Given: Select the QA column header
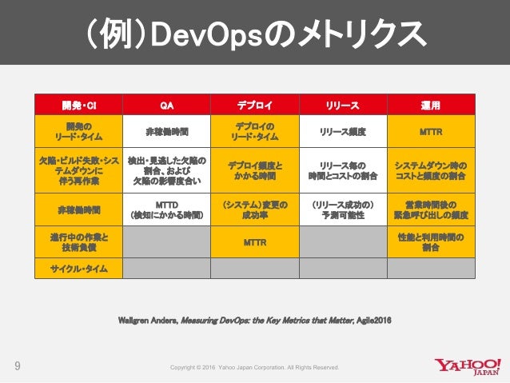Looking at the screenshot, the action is [166, 105].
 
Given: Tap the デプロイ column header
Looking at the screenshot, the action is [255, 105].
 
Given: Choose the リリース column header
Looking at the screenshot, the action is [343, 105].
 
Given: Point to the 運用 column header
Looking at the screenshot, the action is [431, 105].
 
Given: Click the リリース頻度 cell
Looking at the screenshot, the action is [343, 130].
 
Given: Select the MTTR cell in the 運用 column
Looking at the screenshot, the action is [431, 130].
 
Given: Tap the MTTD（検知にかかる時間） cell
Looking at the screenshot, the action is [166, 210].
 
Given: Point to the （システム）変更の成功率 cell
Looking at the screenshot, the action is [255, 210].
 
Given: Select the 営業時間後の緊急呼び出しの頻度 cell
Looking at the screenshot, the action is [431, 210].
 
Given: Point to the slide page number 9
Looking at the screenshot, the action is [17, 367].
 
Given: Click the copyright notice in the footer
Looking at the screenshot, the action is [255, 368].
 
